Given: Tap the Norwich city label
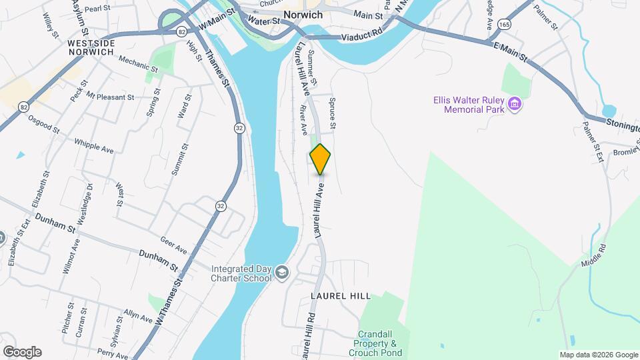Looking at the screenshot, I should click(303, 15).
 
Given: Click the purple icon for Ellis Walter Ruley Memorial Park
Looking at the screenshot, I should click(514, 104).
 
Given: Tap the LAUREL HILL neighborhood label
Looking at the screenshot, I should click(350, 295).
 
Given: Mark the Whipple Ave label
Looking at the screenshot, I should click(93, 146).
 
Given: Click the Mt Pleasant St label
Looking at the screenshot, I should click(110, 97).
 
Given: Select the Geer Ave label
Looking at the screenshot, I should click(173, 245).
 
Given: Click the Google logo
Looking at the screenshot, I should click(21, 352).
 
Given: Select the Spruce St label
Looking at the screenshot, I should click(332, 115).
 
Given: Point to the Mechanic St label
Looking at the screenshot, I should click(138, 64).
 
